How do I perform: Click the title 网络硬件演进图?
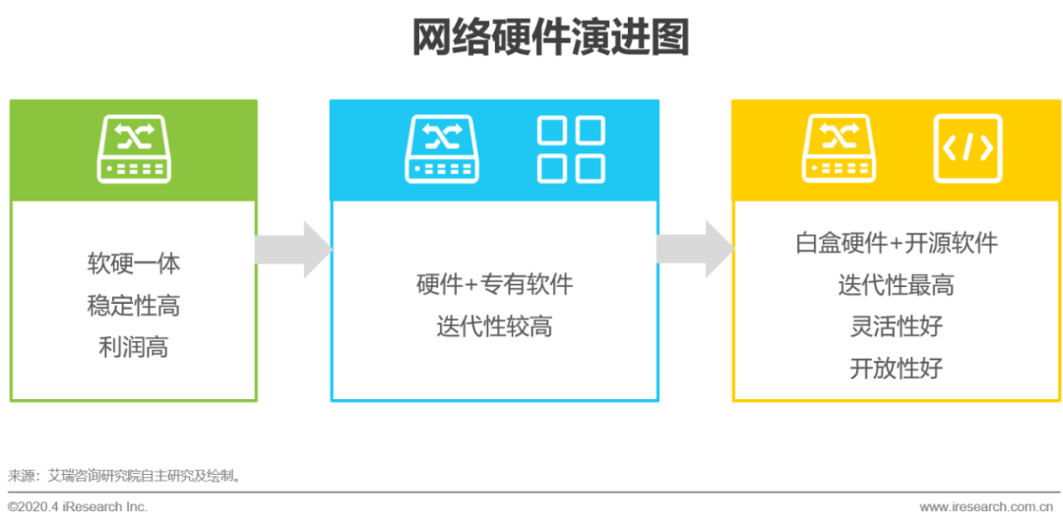549,38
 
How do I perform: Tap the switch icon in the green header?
134,148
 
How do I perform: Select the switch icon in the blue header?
442,148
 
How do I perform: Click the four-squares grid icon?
571,149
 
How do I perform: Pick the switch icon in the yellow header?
840,148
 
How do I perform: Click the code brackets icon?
968,149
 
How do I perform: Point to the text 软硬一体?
134,263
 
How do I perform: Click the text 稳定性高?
134,306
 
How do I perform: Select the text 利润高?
134,347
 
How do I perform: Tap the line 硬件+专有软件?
494,285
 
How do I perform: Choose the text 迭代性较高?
494,326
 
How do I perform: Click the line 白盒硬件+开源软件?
896,243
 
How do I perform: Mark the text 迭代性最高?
896,285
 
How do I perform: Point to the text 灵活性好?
896,326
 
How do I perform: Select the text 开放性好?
896,369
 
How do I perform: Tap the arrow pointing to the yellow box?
695,250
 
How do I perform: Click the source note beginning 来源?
125,476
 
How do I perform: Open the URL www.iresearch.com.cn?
991,506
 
